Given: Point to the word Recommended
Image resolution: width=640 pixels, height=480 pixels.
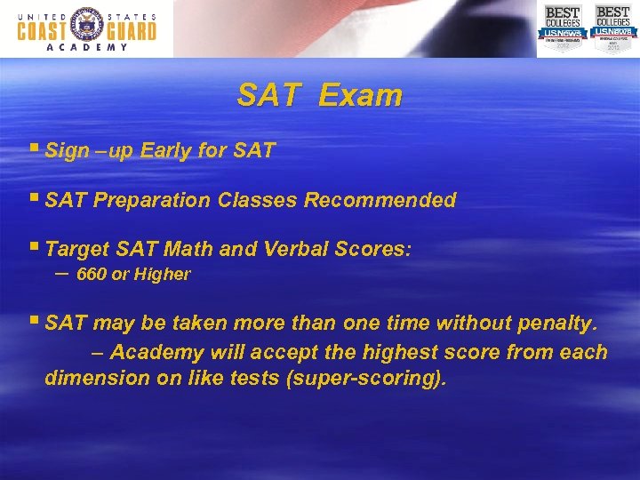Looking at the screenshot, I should point(380,200).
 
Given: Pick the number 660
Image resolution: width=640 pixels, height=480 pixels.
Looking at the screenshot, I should point(92,275).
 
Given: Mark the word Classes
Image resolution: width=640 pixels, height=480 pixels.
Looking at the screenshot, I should point(255,200).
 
